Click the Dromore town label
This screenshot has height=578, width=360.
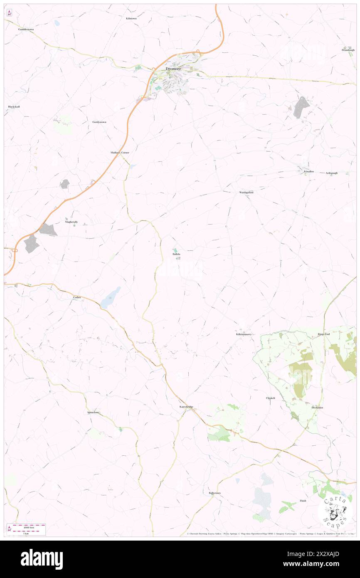[x=172, y=69]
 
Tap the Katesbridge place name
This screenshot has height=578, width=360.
[x=186, y=406]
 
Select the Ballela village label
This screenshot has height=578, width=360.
[x=176, y=254]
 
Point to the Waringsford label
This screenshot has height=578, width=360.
[x=246, y=193]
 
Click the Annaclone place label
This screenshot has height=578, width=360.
[x=93, y=413]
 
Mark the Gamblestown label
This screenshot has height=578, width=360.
[x=26, y=30]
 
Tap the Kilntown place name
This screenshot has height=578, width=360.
[x=131, y=19]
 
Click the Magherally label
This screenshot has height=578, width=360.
[x=71, y=222]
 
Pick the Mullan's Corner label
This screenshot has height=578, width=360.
[x=120, y=153]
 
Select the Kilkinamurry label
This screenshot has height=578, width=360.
[x=244, y=334]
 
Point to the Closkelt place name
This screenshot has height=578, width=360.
[x=271, y=398]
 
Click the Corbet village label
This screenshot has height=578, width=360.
[x=76, y=298]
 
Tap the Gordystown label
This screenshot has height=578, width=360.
[x=99, y=122]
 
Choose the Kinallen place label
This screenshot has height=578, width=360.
[x=308, y=171]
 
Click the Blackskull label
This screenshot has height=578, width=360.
[x=14, y=107]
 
